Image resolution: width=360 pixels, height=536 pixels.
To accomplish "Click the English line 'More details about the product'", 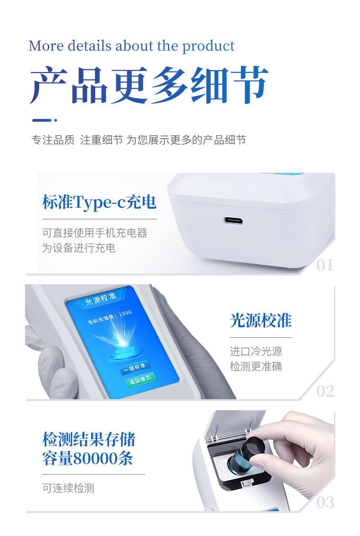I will [x=131, y=46].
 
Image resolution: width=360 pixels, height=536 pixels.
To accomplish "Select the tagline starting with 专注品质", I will [x=139, y=140].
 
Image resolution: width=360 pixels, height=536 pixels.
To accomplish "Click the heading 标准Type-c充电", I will [x=99, y=202].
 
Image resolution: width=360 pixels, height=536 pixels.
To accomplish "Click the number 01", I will [x=325, y=265].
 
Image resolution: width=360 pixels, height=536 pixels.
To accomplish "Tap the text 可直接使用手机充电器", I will [x=95, y=233].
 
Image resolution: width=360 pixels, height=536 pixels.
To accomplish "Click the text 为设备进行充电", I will [x=79, y=248].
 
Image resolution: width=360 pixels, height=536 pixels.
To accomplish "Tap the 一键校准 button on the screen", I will [x=134, y=367].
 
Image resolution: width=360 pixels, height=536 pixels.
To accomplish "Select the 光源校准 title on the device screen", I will [x=101, y=299].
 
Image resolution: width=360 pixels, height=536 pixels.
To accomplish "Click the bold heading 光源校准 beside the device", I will [x=261, y=321].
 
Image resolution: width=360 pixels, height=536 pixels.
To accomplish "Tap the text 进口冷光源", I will [x=256, y=351].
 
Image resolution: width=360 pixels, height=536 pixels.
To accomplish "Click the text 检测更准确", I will [x=256, y=366].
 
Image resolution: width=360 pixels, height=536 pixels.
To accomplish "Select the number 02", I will [x=325, y=391].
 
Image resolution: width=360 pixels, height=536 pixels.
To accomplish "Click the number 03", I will [x=325, y=502].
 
